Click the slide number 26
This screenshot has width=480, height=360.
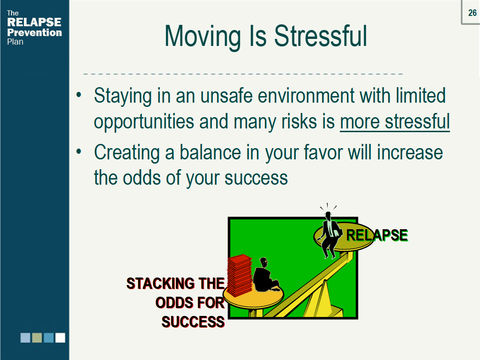472,13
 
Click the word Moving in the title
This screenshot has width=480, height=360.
202,37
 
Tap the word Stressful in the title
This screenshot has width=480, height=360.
320,36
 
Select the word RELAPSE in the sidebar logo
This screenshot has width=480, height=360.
34,22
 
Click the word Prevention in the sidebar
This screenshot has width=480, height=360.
34,32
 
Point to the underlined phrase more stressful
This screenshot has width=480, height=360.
395,121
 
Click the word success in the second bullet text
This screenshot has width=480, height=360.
256,178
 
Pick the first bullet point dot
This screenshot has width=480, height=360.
79,95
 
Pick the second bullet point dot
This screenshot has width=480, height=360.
79,151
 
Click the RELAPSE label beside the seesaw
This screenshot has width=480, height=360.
377,235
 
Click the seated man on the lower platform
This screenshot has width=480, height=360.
265,276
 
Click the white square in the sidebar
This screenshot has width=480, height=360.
60,337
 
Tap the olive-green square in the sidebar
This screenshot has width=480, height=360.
37,337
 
